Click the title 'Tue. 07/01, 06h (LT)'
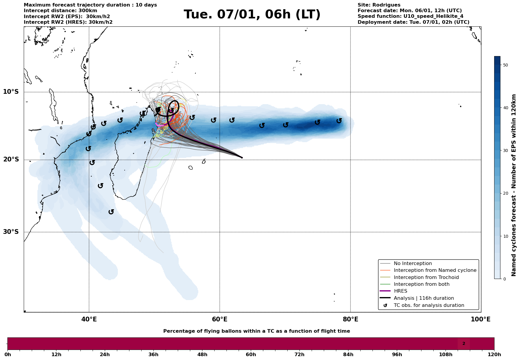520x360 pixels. (252, 15)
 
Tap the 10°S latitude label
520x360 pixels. (11, 92)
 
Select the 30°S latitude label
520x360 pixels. (11, 232)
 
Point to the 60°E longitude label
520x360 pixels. (220, 319)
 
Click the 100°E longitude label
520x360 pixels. (481, 319)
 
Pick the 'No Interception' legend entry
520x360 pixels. (413, 264)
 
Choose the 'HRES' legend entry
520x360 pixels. (400, 291)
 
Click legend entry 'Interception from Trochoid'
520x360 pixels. (426, 277)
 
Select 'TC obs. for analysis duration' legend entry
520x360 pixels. (429, 305)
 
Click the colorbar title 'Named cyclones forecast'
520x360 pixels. (514, 185)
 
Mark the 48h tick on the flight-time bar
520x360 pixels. (202, 354)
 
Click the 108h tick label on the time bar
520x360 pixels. (446, 354)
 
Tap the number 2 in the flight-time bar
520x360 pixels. (464, 344)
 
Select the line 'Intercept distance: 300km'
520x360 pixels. (60, 11)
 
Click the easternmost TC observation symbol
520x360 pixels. (339, 121)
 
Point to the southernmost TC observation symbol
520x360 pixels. (111, 212)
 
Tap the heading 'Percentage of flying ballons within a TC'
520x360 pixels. (256, 331)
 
